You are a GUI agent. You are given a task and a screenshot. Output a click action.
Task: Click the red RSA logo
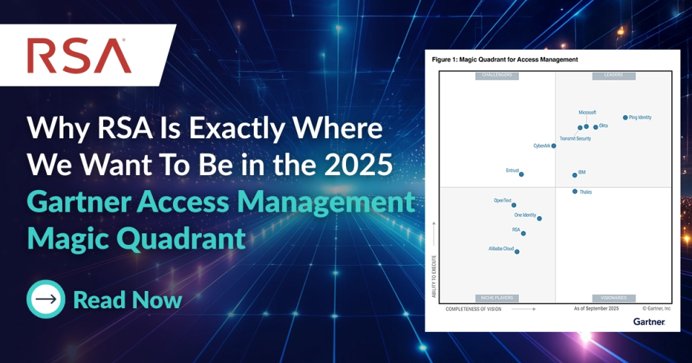[79, 55]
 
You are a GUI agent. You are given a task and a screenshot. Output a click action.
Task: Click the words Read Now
[127, 300]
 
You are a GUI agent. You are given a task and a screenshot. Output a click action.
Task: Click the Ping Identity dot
[625, 117]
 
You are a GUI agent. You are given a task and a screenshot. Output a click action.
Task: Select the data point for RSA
[523, 233]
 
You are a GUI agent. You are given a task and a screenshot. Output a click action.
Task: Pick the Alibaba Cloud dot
[517, 252]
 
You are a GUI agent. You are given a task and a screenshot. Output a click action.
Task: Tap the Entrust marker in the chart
[521, 174]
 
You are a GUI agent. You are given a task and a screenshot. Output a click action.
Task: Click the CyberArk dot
[554, 145]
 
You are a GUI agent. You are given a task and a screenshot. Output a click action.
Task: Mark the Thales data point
[575, 192]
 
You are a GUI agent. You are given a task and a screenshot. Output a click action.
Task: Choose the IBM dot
[575, 174]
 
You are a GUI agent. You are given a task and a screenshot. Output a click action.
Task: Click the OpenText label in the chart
[502, 200]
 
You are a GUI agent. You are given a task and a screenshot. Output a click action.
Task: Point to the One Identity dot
[539, 218]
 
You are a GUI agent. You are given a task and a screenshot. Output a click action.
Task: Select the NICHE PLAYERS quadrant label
[497, 297]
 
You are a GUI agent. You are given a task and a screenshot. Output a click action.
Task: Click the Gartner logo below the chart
[649, 321]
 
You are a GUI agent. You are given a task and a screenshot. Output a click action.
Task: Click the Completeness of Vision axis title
[474, 308]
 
